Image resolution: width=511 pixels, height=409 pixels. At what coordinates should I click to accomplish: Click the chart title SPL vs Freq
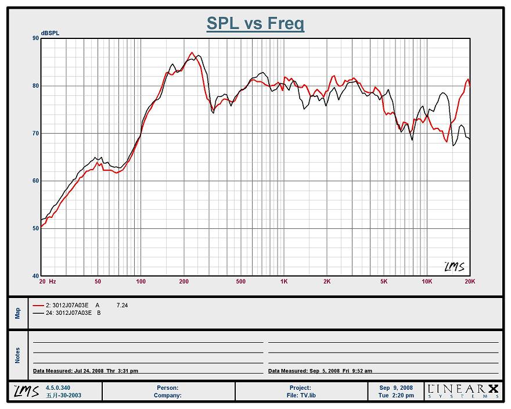(x=255, y=23)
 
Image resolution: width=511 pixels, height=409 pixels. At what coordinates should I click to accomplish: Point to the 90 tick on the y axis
(x=35, y=38)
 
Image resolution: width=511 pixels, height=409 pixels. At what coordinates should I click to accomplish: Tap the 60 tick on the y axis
(x=35, y=181)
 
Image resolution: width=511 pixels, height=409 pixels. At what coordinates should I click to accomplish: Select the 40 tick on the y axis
(x=35, y=276)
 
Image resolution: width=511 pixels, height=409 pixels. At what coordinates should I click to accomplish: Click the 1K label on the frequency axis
(x=284, y=281)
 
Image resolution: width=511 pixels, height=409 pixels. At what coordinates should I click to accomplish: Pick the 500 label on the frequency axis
(x=241, y=281)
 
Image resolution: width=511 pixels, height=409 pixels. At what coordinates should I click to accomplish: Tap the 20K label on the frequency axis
(x=470, y=281)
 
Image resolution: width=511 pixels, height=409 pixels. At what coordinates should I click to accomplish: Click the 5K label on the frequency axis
(x=384, y=281)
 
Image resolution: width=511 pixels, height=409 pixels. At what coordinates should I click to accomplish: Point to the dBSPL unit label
(x=50, y=33)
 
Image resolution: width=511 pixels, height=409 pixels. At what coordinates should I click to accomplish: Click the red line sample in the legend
(x=38, y=305)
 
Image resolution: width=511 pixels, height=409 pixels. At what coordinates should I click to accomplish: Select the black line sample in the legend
(x=38, y=313)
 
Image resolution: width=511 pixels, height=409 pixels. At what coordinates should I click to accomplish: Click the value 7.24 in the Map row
(x=122, y=305)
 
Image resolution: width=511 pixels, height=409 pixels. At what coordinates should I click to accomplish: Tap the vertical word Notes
(x=17, y=355)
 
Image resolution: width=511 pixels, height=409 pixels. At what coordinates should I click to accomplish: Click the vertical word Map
(x=17, y=313)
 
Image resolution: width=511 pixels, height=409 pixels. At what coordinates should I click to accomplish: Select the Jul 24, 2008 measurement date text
(x=85, y=371)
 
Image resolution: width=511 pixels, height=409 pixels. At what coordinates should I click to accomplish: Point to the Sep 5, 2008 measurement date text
(x=320, y=371)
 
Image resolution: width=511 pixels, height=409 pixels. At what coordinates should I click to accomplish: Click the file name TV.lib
(x=300, y=396)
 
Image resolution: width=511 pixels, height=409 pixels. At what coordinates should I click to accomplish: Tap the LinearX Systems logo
(x=463, y=391)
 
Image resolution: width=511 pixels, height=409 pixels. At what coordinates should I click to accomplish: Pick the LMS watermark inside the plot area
(x=454, y=267)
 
